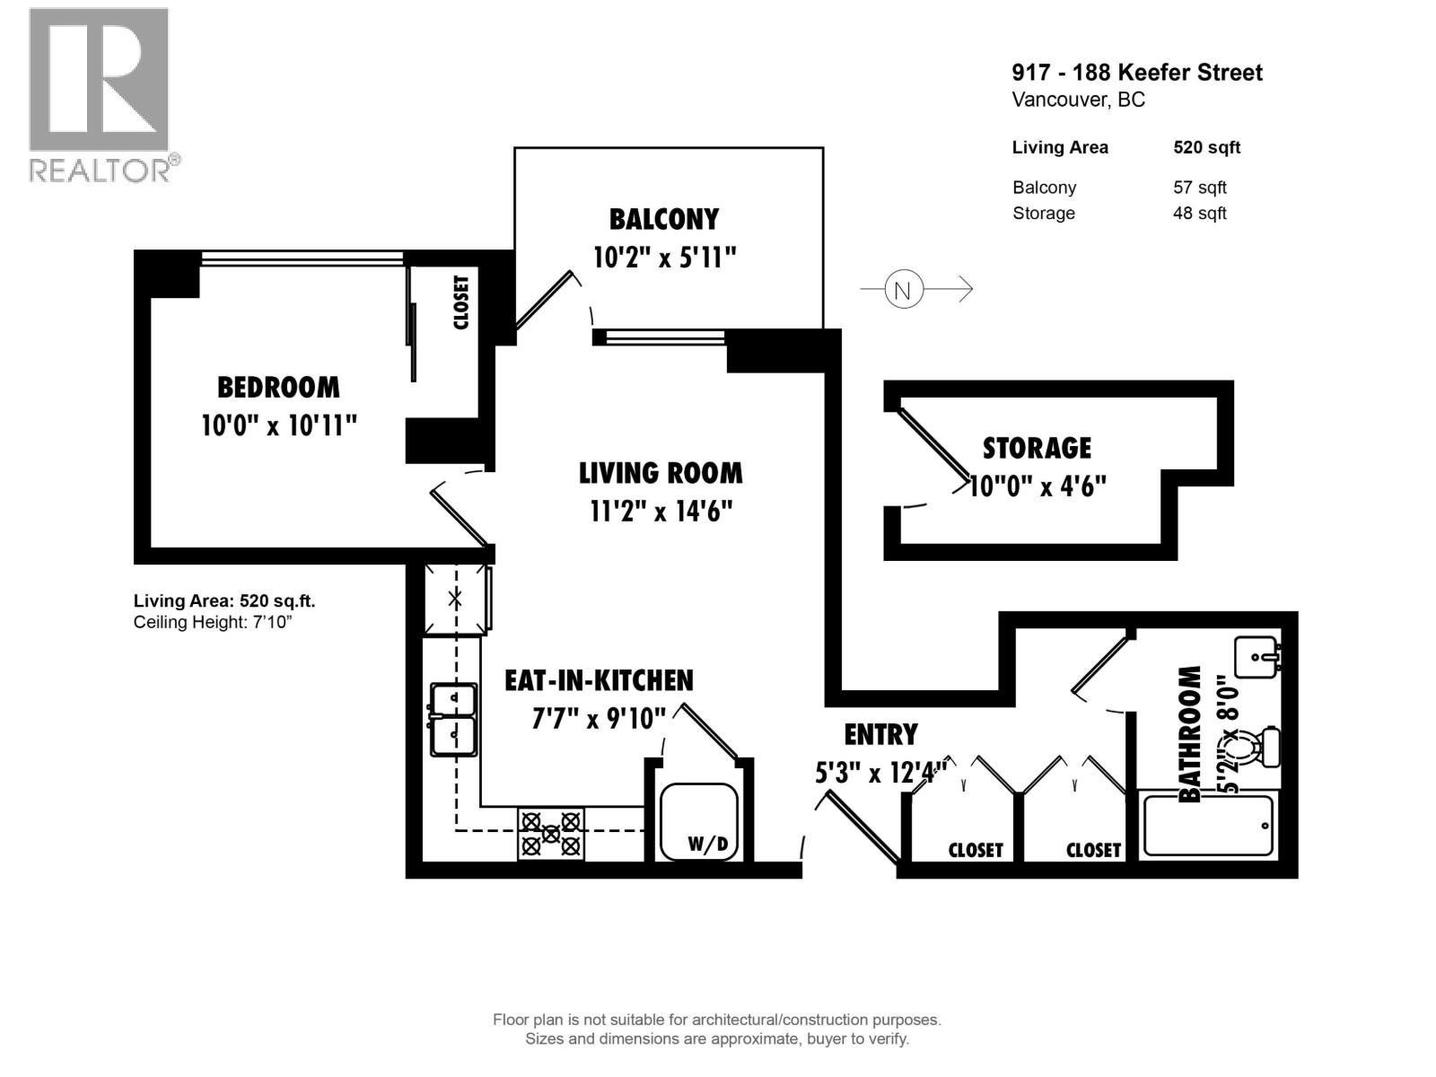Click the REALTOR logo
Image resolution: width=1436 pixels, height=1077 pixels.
pos(99,94)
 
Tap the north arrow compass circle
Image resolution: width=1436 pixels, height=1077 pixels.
pos(903,289)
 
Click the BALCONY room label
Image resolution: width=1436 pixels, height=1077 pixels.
pos(663,219)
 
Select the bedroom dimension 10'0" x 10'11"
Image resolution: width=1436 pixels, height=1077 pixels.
pos(278,425)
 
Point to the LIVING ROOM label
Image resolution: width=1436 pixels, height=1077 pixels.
pos(661,473)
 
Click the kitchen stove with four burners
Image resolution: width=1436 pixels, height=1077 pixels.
pos(550,834)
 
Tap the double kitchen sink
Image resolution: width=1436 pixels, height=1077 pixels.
pos(453,720)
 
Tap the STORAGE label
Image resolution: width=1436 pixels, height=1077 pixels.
pos(1037,448)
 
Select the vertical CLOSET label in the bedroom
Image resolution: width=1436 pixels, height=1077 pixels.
pos(461,302)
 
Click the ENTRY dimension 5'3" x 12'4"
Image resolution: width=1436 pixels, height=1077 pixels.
pos(880,772)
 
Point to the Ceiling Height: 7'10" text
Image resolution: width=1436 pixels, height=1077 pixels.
pos(213,622)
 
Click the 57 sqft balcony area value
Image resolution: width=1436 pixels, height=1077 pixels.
pos(1199,188)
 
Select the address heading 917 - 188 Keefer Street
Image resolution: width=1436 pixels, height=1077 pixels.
pos(1136,73)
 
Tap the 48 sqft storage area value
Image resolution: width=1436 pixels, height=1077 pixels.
pos(1199,214)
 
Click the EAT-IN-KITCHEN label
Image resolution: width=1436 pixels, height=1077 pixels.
pos(599,680)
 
